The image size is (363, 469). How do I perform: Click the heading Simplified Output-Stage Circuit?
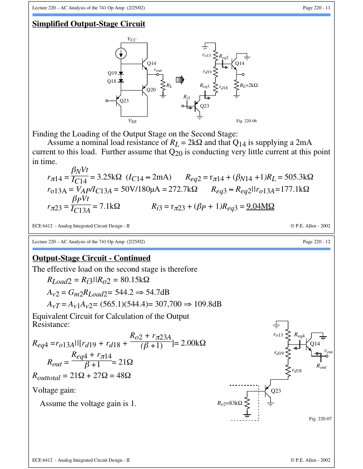[89, 24]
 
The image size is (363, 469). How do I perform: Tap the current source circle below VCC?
[121, 54]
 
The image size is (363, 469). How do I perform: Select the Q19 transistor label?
[112, 73]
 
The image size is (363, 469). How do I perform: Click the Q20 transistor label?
[151, 90]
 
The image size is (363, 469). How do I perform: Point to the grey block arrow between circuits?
[180, 80]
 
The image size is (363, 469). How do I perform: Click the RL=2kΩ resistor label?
[249, 85]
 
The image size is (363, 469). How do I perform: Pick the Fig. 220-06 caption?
[246, 121]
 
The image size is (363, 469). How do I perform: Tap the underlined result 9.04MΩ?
[260, 206]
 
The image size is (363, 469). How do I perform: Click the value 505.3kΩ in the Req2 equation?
[299, 177]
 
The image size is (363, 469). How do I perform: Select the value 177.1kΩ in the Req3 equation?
[295, 189]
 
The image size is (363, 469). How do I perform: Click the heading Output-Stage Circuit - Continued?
[91, 258]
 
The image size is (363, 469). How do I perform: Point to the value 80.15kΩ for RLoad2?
[135, 280]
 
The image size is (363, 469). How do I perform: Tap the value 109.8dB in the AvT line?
[208, 304]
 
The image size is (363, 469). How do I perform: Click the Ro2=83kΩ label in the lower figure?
[230, 403]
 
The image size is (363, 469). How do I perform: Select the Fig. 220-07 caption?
[320, 419]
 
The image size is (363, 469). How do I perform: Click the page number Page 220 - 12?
[317, 242]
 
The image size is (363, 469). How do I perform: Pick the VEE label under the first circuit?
[133, 121]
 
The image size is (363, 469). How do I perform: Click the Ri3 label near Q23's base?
[187, 97]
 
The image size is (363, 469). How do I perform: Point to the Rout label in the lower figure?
[322, 366]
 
